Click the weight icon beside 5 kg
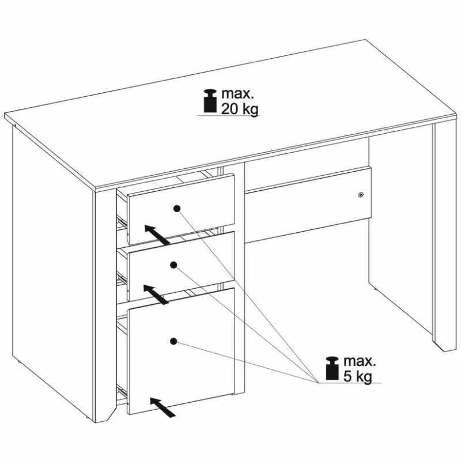[332, 368]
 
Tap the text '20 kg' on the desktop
[240, 109]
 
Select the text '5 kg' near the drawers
[357, 376]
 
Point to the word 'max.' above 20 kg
[237, 94]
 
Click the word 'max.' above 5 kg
[360, 361]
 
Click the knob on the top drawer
[177, 209]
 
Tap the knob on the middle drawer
[174, 265]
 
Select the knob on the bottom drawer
[173, 341]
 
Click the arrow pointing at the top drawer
[157, 235]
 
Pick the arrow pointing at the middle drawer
[156, 294]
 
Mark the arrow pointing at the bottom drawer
[163, 407]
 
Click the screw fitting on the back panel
[361, 195]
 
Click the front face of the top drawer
[181, 209]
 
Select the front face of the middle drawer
[181, 266]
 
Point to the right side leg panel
[444, 235]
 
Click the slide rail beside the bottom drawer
[122, 391]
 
